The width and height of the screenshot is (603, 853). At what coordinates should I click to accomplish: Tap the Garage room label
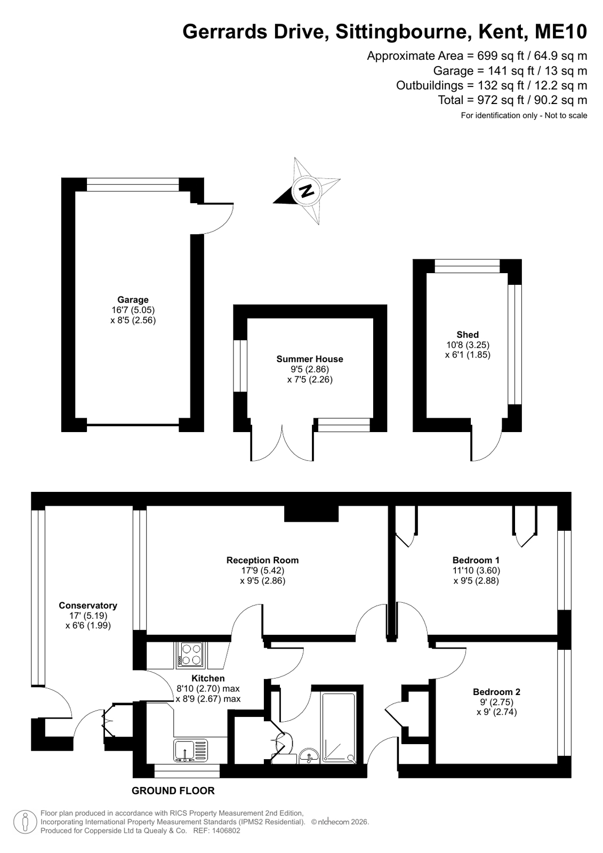point(133,300)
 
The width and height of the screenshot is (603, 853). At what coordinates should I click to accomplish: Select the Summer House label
point(309,358)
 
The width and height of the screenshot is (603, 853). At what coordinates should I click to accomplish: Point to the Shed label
point(468,334)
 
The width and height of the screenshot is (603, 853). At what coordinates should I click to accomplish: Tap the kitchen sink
point(191,751)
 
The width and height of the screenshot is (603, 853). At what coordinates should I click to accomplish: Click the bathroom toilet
point(284,744)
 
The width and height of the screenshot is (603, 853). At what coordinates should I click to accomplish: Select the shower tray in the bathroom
point(339,728)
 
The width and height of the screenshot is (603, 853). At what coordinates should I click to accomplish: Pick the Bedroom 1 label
point(476,560)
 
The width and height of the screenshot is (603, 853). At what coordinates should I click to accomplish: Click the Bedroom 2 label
point(496,692)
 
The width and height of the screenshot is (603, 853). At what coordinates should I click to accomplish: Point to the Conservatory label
point(88,605)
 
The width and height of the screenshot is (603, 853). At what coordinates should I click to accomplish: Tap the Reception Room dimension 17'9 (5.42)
point(263,570)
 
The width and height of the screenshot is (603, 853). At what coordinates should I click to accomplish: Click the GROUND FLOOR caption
point(173,791)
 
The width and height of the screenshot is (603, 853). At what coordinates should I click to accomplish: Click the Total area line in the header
point(512,100)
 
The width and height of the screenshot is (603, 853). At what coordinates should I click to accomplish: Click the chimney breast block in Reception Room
point(311,514)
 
